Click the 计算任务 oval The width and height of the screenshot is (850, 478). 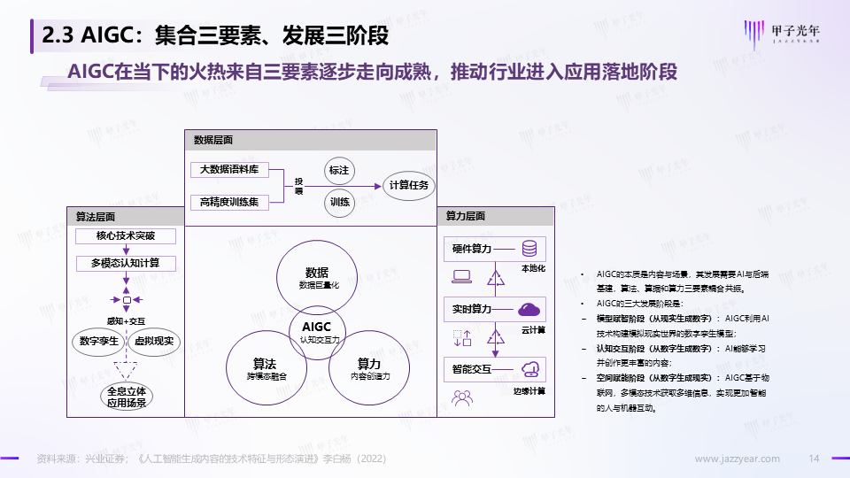click(408, 185)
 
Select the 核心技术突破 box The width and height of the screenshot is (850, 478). click(126, 236)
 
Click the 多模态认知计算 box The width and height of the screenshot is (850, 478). click(126, 263)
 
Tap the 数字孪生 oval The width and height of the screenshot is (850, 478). click(99, 342)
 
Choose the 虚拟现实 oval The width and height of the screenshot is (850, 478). click(156, 342)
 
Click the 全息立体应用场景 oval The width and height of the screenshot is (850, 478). click(127, 397)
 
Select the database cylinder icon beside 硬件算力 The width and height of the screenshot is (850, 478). click(530, 249)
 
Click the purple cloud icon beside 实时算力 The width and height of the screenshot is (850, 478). click(530, 308)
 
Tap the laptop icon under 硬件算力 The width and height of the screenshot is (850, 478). click(461, 276)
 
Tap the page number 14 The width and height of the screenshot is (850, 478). click(815, 459)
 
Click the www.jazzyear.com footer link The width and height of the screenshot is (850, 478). click(737, 459)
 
